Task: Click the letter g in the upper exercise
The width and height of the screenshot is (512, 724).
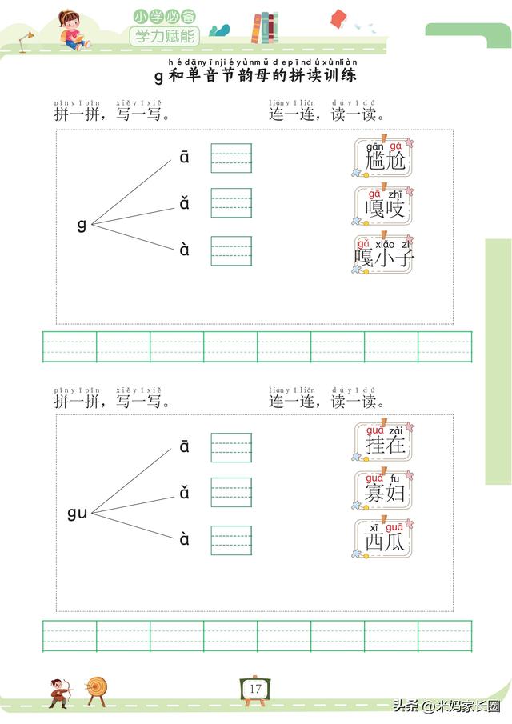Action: (82, 224)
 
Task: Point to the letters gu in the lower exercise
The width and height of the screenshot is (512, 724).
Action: (77, 512)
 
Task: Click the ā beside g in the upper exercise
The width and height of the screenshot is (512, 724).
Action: (185, 158)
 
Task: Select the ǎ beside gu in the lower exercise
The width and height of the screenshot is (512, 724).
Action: (185, 493)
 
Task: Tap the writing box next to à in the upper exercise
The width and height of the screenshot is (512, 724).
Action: (231, 250)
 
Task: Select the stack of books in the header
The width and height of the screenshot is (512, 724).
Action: (266, 29)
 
